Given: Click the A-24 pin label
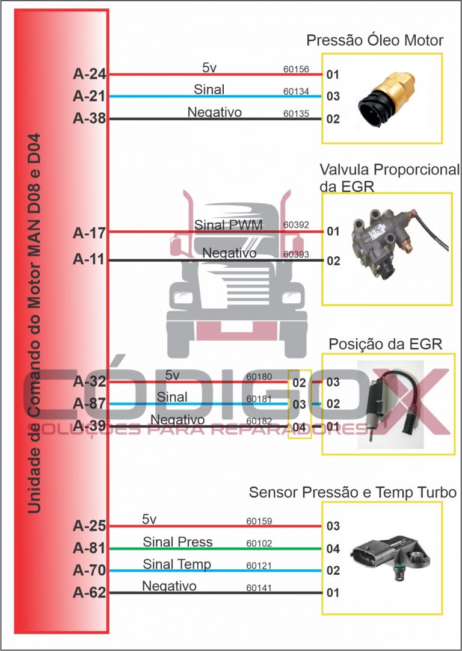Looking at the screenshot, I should (89, 75).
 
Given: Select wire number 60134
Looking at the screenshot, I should (296, 91).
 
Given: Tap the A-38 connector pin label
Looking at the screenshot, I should (89, 119).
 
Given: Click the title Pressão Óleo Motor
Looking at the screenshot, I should (375, 41).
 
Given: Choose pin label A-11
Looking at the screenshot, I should (89, 260).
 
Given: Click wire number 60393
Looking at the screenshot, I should (296, 255).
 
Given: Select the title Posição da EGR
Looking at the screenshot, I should (385, 344).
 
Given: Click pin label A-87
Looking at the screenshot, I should (89, 404).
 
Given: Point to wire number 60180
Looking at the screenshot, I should (259, 377).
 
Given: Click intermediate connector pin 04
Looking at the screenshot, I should (299, 427).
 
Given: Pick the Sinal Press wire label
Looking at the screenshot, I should (177, 542).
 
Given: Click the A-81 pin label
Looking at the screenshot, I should (89, 548).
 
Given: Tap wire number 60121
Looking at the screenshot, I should (259, 566).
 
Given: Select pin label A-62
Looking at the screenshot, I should (89, 593).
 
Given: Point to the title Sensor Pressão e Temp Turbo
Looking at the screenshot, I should (353, 493).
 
